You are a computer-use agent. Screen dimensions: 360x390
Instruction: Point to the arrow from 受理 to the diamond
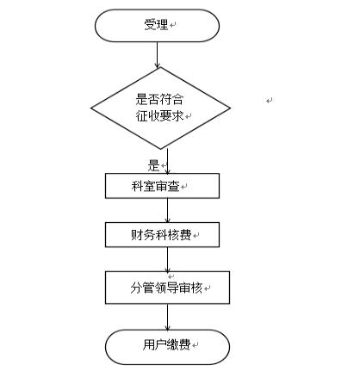pos(157,55)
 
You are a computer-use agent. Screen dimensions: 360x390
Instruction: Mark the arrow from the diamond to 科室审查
pos(168,161)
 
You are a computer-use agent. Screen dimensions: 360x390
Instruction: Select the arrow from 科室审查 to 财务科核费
pos(168,210)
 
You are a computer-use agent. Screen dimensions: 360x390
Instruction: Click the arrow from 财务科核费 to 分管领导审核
pos(168,259)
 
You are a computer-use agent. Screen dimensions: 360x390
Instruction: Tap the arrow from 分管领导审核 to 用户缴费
pos(168,317)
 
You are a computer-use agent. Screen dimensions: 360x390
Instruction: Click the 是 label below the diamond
pos(153,166)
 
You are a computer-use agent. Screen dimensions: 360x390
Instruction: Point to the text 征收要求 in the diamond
pos(159,116)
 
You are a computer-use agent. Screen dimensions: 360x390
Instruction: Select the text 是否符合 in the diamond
pos(159,99)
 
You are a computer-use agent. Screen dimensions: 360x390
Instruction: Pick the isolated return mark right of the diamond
pos(270,101)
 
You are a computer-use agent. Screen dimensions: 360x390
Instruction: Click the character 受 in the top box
pos(150,24)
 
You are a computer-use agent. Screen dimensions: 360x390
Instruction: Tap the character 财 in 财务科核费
pos(137,235)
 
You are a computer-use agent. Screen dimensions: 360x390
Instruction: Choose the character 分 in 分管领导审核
pos(136,288)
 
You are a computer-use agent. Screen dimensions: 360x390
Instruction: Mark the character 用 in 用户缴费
pos(149,344)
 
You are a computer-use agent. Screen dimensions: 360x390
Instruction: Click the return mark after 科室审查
pos(183,187)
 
